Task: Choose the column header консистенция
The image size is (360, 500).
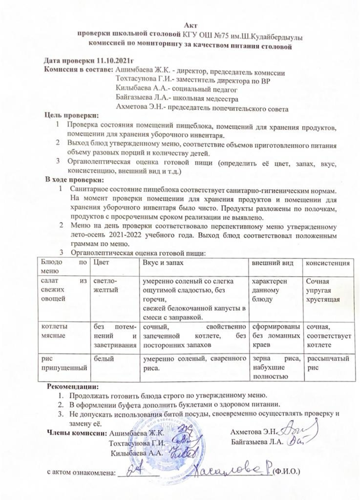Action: pos(327,263)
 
